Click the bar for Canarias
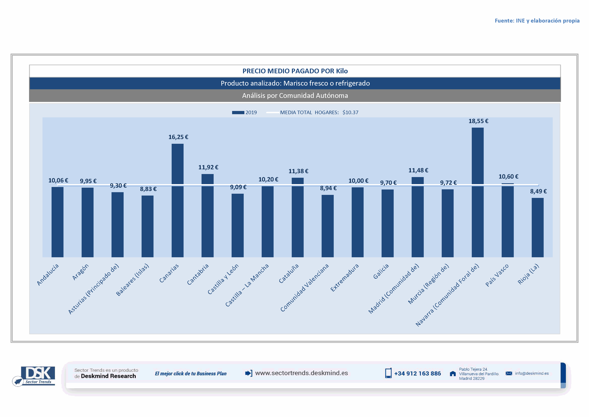coord(178,200)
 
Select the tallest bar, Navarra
coord(477,193)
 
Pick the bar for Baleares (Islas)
coord(147,226)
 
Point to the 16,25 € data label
coord(178,137)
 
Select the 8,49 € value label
coord(538,191)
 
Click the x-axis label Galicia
coord(381,271)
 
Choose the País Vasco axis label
coord(497,275)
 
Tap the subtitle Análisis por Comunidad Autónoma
coord(295,96)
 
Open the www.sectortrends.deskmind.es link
coord(301,373)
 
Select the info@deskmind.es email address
coord(532,373)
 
